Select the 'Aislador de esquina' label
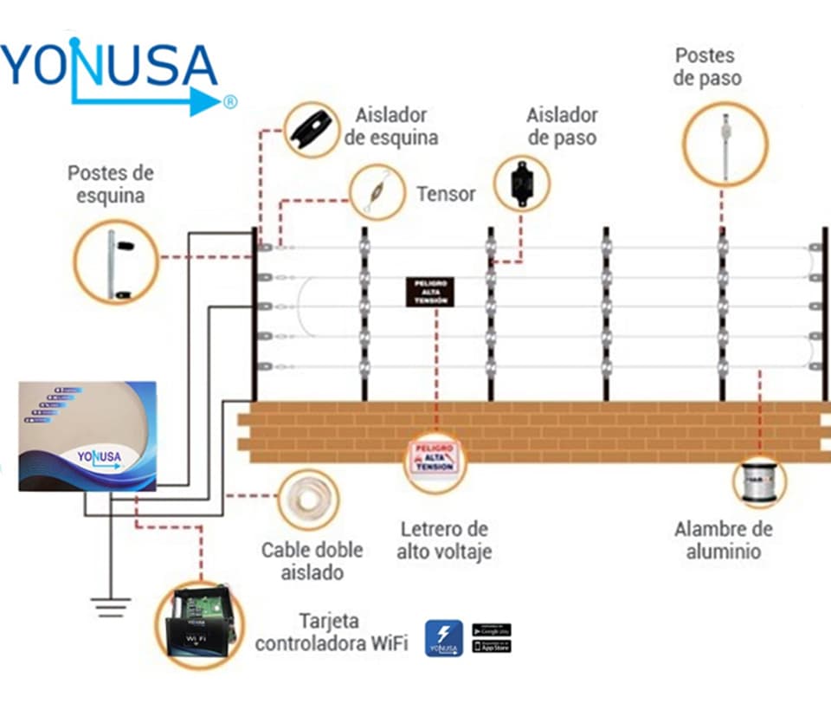pos(391,126)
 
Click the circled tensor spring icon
pos(377,192)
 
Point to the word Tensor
pos(446,194)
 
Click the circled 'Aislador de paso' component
pos(521,183)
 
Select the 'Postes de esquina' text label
pos(106,184)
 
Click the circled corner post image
pos(116,259)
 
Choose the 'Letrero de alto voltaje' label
pos(444,539)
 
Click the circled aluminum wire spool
pos(758,481)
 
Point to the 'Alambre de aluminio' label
pos(724,539)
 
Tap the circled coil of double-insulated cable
pos(307,500)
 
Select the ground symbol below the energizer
pos(109,607)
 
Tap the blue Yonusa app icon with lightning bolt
pos(443,638)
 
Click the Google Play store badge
pos(491,629)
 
